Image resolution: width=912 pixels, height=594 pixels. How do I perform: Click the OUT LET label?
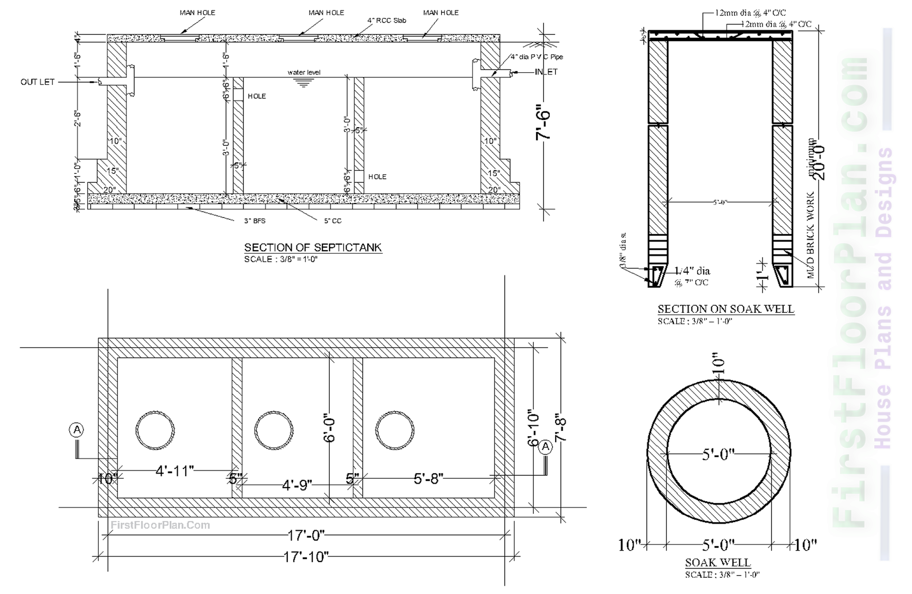(37, 82)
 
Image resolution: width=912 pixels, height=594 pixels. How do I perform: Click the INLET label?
(546, 72)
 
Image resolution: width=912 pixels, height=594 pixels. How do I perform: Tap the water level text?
(304, 73)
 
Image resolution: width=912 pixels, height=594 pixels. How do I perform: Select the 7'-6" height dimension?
(544, 122)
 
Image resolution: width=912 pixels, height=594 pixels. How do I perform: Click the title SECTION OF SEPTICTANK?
(313, 248)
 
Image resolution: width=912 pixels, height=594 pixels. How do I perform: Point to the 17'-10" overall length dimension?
(306, 557)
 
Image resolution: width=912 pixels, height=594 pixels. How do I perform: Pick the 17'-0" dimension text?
(306, 535)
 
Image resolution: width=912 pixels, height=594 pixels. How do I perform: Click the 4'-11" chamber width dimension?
(175, 471)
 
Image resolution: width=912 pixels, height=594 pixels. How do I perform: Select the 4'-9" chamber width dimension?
(297, 484)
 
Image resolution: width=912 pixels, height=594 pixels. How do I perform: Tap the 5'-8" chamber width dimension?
(428, 479)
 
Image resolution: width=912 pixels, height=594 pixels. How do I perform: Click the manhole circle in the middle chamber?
(274, 430)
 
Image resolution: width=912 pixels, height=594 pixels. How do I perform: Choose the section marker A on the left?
(77, 430)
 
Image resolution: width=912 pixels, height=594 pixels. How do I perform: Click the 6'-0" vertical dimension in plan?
(330, 430)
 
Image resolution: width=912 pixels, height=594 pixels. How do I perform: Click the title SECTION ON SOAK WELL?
(726, 309)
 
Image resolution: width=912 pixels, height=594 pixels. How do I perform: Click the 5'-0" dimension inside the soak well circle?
(718, 455)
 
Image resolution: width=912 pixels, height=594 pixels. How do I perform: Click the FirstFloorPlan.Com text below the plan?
(160, 525)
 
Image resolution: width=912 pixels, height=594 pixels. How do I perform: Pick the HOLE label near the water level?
(257, 96)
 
